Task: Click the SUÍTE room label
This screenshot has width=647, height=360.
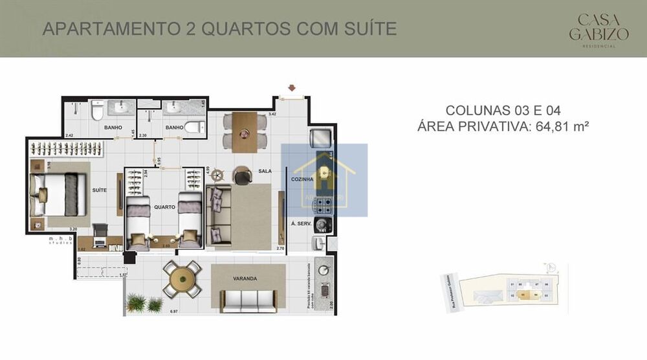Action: pyautogui.click(x=99, y=190)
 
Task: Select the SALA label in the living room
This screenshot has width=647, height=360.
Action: pyautogui.click(x=265, y=172)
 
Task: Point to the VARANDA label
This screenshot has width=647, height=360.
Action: pyautogui.click(x=245, y=278)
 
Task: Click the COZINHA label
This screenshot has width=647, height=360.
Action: pyautogui.click(x=302, y=179)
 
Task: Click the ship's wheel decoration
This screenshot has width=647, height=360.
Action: pyautogui.click(x=219, y=175)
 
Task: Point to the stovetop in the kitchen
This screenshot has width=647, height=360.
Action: pyautogui.click(x=323, y=207)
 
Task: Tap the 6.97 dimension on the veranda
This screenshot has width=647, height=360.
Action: pyautogui.click(x=173, y=312)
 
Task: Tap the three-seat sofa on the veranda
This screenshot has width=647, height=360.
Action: pyautogui.click(x=248, y=300)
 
